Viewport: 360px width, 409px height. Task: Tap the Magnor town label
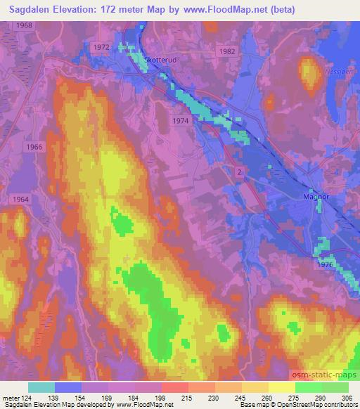316,197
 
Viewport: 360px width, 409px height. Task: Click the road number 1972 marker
101,46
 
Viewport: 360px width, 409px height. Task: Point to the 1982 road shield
226,51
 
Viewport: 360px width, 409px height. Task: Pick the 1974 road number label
181,122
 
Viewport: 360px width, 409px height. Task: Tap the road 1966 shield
32,147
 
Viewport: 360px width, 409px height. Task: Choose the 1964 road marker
20,200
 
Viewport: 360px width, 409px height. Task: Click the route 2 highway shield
240,171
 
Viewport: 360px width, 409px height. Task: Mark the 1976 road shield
325,265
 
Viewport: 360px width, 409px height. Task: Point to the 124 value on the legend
22,398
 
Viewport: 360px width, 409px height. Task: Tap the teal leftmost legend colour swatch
41,387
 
